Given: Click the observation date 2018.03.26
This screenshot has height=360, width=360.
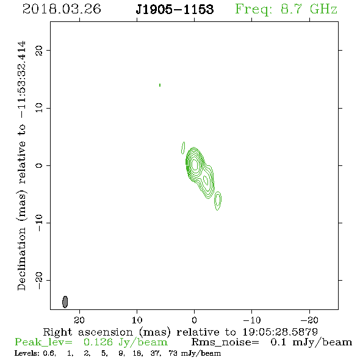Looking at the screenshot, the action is click(62, 9).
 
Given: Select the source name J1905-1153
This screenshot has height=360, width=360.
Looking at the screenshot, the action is click(175, 9).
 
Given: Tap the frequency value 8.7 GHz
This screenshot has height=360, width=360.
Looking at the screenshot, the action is click(309, 9).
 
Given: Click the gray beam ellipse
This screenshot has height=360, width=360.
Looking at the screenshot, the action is click(65, 301).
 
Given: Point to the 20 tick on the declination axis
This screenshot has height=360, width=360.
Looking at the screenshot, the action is click(39, 50).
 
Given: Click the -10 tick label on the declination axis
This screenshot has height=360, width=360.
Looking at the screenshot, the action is click(39, 223).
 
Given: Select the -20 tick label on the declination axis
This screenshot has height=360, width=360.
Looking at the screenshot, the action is click(39, 280).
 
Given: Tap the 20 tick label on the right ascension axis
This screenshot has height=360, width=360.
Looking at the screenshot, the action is click(79, 320).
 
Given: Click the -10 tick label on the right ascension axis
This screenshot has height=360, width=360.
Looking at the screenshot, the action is click(252, 320).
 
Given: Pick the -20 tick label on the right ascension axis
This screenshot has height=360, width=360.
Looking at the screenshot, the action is click(309, 320).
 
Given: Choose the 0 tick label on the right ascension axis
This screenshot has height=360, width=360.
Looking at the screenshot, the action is click(194, 320).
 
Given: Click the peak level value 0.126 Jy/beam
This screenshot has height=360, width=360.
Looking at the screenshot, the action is click(125, 342).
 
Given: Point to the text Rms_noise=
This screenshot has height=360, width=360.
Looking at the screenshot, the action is click(225, 342).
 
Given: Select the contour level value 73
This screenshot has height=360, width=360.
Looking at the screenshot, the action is click(173, 353).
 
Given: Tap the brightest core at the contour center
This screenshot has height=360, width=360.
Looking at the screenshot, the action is click(195, 164).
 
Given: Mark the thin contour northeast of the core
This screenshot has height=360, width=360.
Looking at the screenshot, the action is click(183, 148).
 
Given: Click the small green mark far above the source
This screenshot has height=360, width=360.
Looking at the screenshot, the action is click(160, 85).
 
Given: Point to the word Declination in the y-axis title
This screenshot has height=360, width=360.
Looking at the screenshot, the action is click(21, 259).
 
